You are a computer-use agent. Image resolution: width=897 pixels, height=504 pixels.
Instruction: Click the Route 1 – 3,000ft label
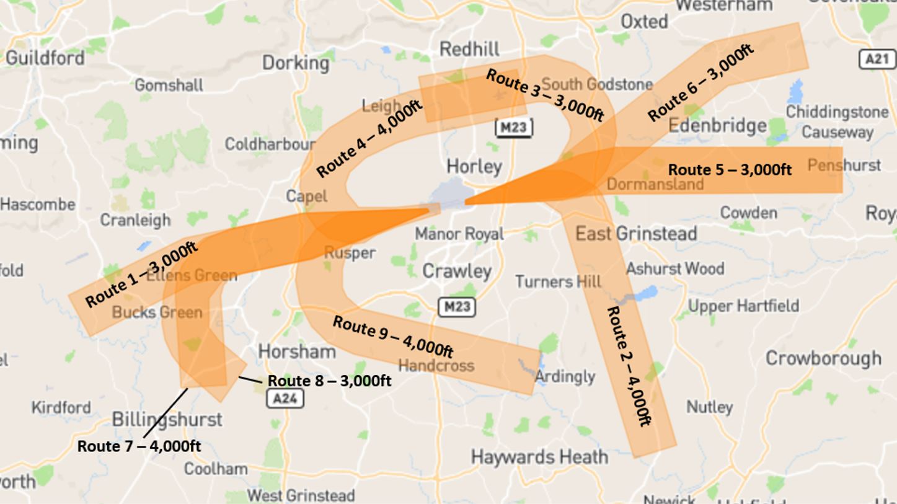(141, 275)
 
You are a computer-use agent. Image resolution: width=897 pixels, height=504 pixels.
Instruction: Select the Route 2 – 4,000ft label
(629, 366)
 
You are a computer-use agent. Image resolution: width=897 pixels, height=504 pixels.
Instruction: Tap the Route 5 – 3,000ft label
(730, 170)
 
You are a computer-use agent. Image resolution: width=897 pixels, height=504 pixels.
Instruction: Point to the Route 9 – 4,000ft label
(392, 337)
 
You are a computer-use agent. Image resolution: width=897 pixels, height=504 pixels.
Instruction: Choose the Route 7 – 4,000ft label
(139, 446)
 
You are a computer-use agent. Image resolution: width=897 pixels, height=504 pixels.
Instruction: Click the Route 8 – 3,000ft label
(329, 381)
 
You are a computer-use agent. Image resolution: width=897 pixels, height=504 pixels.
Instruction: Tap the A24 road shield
(285, 398)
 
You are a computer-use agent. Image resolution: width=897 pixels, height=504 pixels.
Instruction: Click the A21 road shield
(877, 60)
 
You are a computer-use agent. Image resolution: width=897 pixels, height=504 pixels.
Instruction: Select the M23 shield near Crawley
(457, 307)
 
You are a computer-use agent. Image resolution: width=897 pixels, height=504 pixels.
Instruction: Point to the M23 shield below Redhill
(514, 128)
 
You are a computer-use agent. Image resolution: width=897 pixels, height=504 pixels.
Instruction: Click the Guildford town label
(45, 58)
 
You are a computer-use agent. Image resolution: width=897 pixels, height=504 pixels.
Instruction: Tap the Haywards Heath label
(539, 458)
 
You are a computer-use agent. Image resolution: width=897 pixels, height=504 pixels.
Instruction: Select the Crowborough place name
(823, 358)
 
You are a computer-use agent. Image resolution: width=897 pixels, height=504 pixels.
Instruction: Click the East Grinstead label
(636, 234)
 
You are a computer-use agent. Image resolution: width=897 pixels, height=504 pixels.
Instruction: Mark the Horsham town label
(297, 351)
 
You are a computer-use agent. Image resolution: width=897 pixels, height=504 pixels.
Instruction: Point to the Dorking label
(296, 63)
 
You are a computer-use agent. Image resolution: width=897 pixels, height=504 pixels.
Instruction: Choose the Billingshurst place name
(167, 420)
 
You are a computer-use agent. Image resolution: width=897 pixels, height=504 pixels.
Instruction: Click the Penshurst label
(844, 165)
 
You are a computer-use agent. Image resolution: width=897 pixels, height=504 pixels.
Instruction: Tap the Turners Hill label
(558, 281)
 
